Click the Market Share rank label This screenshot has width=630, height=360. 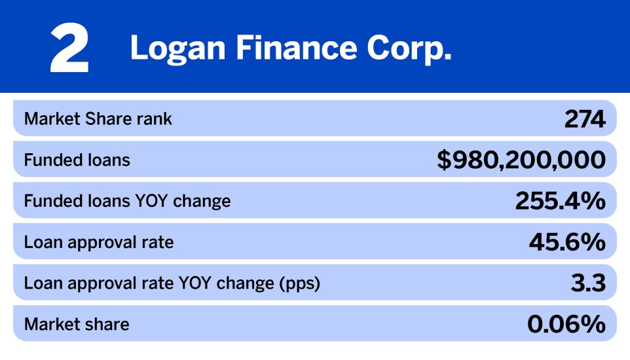coord(98,119)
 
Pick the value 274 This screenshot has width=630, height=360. coord(585,119)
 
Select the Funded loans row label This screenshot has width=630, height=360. coord(77,160)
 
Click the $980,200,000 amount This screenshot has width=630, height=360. coord(521,160)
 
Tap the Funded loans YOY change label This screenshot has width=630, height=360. coord(127,201)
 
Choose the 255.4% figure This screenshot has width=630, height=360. coord(560,202)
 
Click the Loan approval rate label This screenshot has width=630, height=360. coord(99,243)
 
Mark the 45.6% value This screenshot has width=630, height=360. coord(567,243)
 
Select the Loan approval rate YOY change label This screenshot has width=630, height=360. coord(172,284)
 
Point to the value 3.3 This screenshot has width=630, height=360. coord(588,284)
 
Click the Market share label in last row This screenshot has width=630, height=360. coord(77,325)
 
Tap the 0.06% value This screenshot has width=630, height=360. coord(566,325)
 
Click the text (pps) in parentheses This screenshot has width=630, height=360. coord(299,284)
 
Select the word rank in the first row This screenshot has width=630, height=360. coord(157,119)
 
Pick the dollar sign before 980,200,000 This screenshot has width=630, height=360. coord(444,160)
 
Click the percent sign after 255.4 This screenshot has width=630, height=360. coord(593,202)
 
